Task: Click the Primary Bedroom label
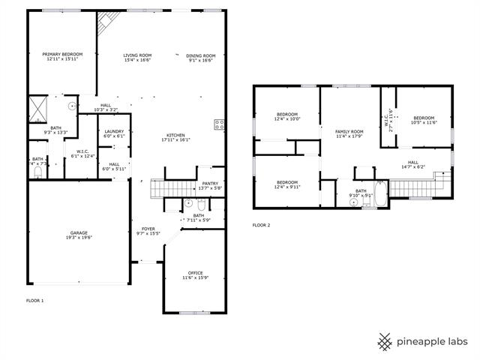(61, 55)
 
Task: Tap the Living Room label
(137, 55)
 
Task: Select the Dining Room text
(201, 55)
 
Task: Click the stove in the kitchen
(220, 124)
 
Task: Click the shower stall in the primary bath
(38, 108)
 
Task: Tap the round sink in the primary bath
(73, 106)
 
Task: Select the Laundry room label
(114, 132)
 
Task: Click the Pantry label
(210, 183)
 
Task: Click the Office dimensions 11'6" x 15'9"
(195, 278)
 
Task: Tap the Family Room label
(349, 131)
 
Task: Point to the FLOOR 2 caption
(261, 225)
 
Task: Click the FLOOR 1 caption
(35, 300)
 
